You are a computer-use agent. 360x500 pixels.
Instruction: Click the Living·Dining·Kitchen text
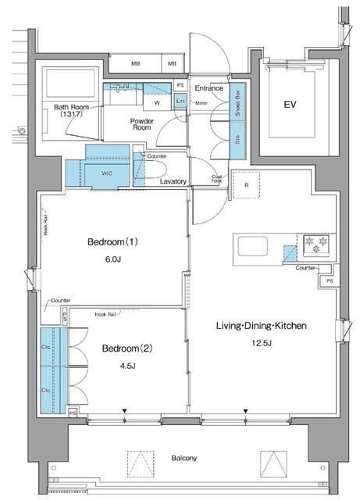pos(262,325)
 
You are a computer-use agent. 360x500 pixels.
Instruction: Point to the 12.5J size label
pos(262,345)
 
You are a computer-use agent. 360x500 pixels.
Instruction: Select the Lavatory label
pos(173,181)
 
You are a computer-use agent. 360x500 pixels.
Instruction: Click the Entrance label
pos(209,87)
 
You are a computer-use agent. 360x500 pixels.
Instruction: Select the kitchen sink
pos(253,248)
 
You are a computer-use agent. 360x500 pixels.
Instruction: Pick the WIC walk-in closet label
pos(105,173)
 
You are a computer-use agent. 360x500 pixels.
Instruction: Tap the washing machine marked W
pos(157,102)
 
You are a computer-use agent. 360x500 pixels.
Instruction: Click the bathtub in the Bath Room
pos(70,84)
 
